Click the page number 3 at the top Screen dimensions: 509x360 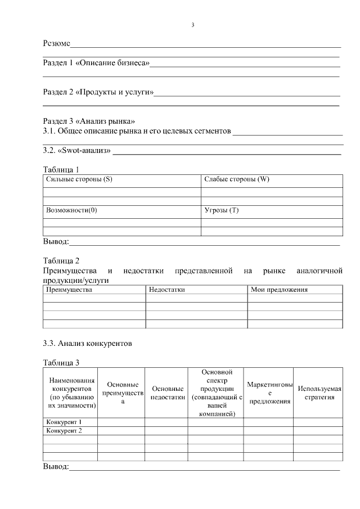(193, 25)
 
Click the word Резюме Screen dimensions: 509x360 (57, 43)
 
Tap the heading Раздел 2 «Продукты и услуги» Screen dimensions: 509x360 (98, 92)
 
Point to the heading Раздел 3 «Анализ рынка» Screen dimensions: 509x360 (89, 121)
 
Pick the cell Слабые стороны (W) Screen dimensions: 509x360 (237, 179)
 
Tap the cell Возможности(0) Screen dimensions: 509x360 (71, 210)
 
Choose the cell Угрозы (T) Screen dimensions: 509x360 (222, 210)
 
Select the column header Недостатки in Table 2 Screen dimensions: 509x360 (167, 290)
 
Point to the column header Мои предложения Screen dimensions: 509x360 (280, 290)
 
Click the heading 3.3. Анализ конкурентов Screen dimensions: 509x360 (88, 343)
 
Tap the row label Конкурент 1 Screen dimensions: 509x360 (64, 421)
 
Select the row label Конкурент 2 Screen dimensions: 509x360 (64, 430)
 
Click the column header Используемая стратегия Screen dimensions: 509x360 (319, 393)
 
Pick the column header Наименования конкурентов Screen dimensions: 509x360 (71, 393)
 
